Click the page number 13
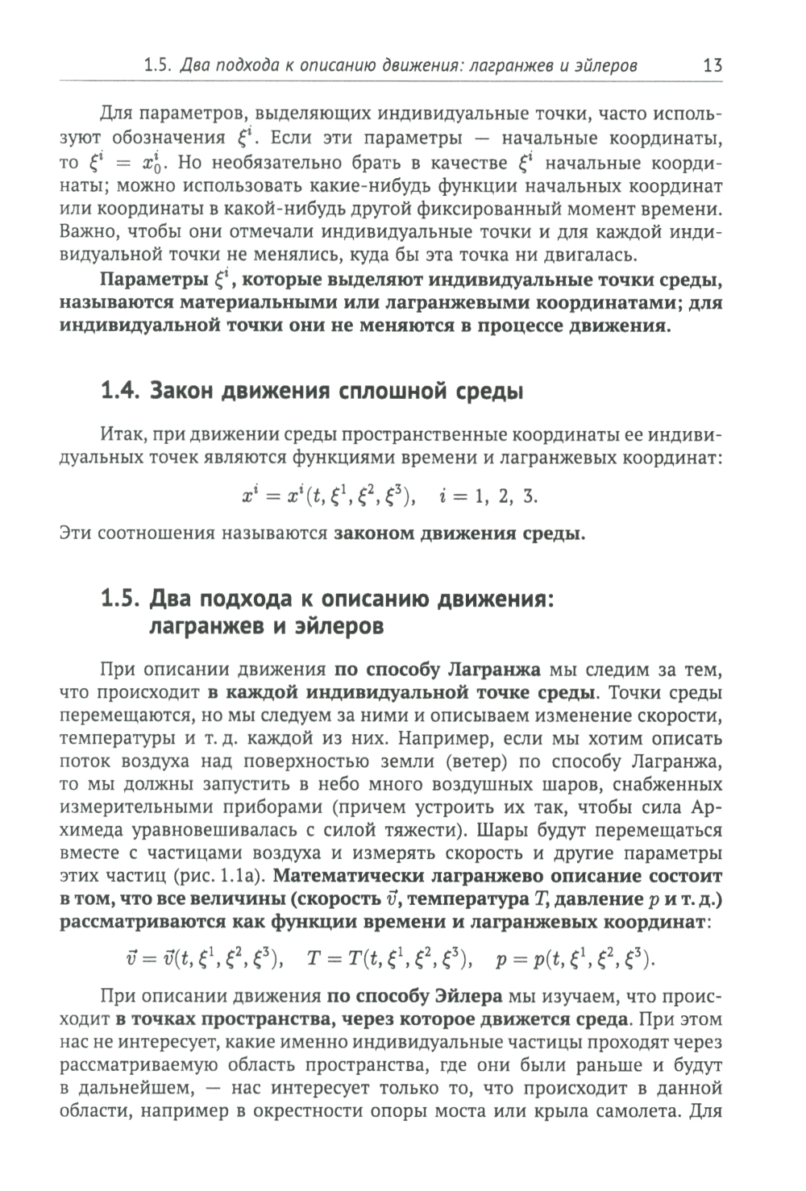coord(712,65)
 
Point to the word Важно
coord(85,233)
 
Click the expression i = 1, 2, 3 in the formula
coord(488,496)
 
